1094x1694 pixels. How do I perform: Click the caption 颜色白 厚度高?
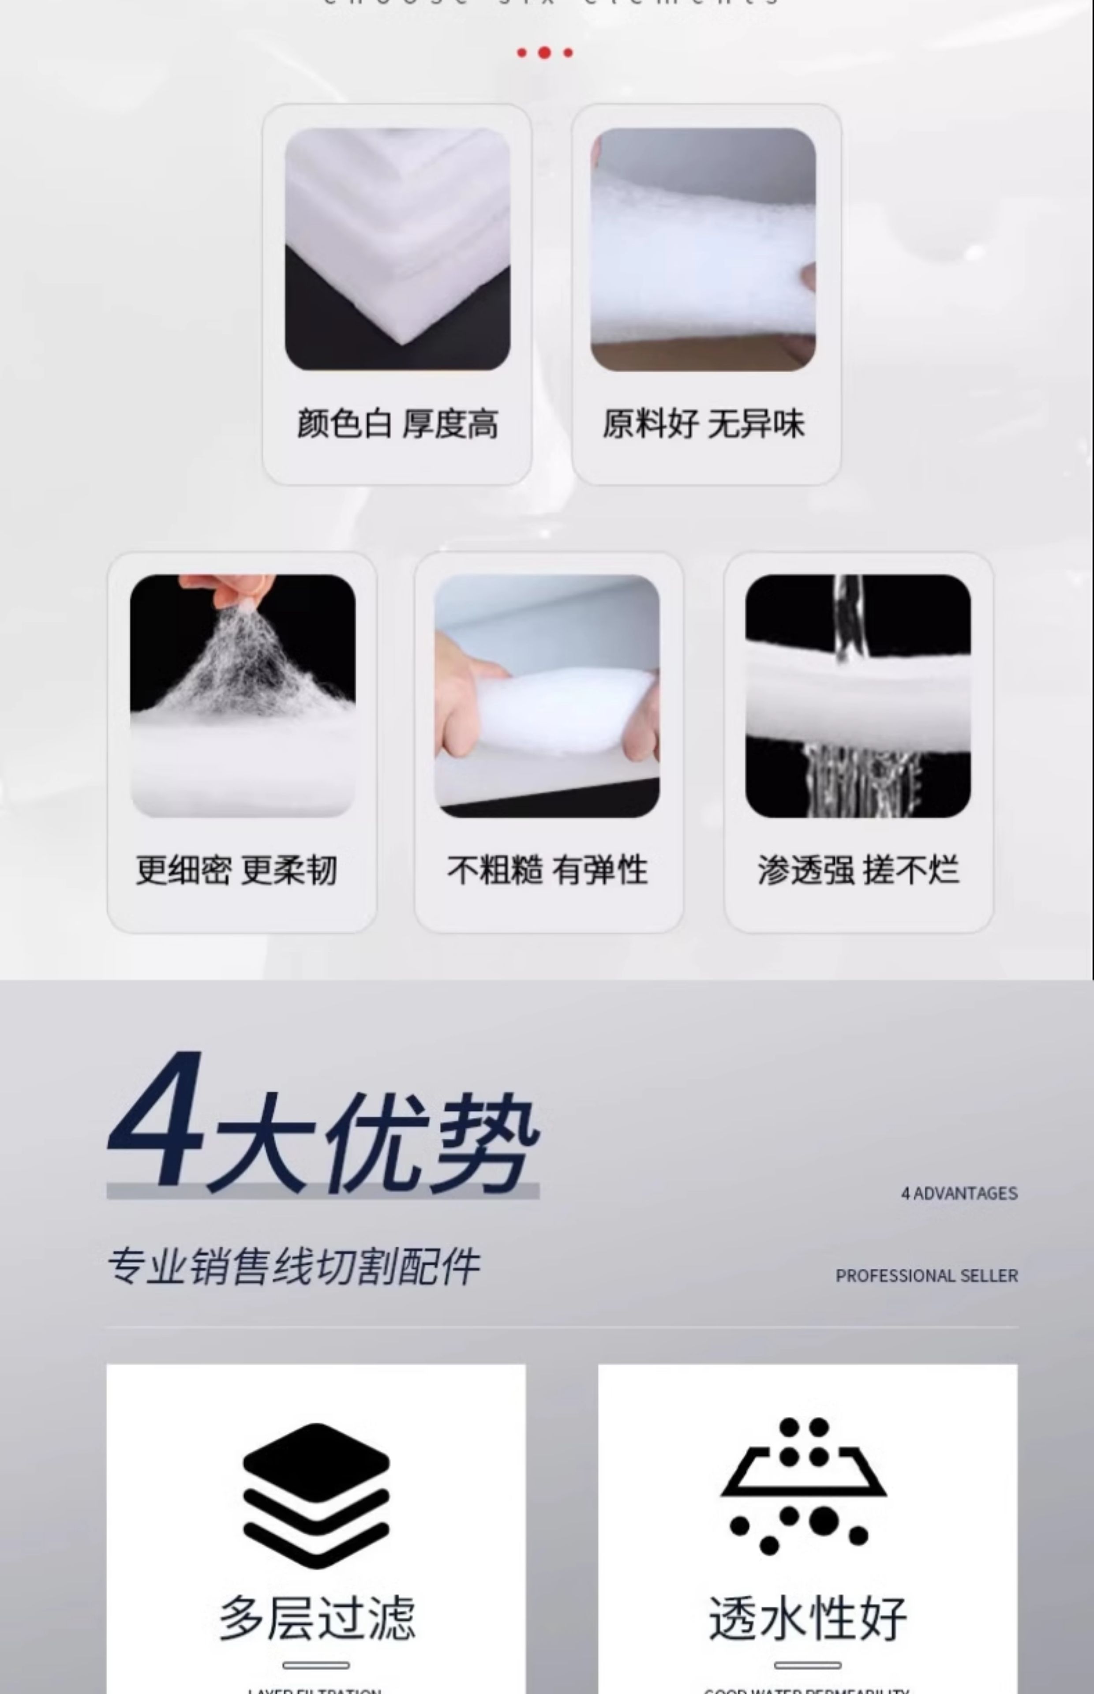point(397,424)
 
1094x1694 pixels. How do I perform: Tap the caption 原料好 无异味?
point(703,424)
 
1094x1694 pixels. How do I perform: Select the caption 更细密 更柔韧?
point(236,870)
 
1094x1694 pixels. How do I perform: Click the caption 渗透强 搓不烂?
point(858,870)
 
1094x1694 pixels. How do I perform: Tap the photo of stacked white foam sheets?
point(397,249)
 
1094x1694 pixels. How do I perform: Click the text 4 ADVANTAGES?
point(959,1193)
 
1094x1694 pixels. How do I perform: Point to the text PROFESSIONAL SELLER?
point(926,1276)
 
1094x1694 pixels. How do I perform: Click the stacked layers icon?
point(316,1495)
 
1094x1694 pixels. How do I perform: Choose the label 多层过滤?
point(317,1617)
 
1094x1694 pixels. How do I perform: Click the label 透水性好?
point(808,1617)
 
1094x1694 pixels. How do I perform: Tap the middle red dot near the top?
point(544,52)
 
